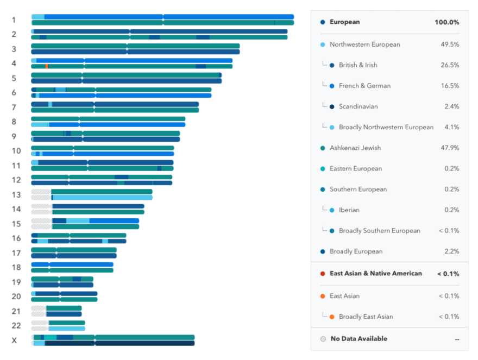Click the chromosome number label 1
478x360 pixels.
tap(14, 20)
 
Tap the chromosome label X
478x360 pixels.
tap(15, 341)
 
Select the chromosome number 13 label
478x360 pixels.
tap(16, 195)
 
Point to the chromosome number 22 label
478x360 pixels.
tap(16, 326)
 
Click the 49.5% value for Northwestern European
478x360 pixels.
tap(450, 45)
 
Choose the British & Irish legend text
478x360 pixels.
tap(358, 65)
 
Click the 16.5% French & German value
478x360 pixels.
tap(450, 86)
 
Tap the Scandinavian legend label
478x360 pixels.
tap(358, 106)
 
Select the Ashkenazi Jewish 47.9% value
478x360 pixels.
tap(450, 148)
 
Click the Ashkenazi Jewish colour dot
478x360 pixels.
tap(323, 148)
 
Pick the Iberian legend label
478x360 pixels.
tap(349, 210)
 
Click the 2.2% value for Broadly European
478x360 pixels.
tap(451, 251)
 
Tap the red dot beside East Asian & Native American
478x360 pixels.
tap(323, 273)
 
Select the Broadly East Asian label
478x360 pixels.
tap(366, 317)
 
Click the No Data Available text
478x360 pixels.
tap(358, 339)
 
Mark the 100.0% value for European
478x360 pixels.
tap(446, 22)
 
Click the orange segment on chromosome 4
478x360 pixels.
tap(47, 66)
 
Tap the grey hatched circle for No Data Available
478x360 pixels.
tap(323, 339)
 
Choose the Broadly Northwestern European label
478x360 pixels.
tap(386, 127)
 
